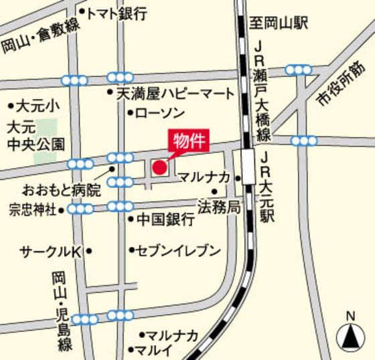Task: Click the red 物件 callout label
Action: [187, 141]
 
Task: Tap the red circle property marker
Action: [159, 167]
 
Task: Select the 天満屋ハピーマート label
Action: [176, 93]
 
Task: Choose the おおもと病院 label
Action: [61, 189]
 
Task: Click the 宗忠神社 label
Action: [33, 209]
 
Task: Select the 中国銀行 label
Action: [165, 219]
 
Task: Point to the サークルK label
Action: [50, 252]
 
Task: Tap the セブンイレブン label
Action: [178, 251]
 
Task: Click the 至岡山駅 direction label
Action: [279, 24]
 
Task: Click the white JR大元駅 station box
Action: [249, 167]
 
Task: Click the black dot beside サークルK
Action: [89, 252]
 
